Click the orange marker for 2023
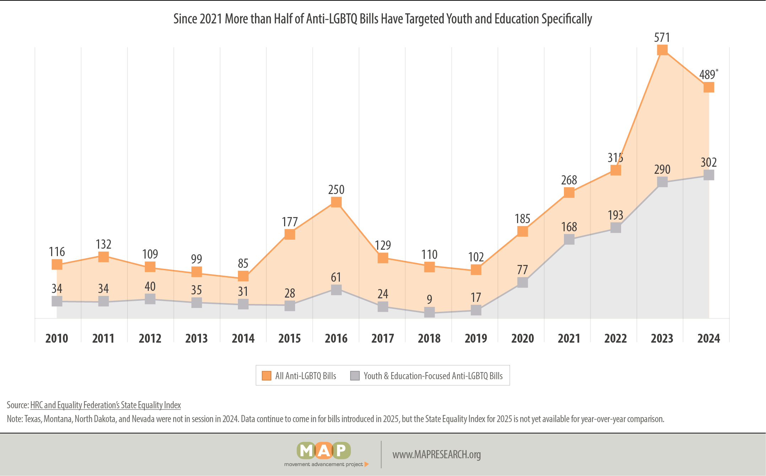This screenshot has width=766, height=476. pyautogui.click(x=662, y=50)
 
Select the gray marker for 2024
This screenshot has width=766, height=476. pyautogui.click(x=708, y=175)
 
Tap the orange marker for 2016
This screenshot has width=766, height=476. pyautogui.click(x=336, y=202)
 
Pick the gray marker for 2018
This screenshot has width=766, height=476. pyautogui.click(x=429, y=312)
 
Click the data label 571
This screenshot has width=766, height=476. pyautogui.click(x=662, y=38)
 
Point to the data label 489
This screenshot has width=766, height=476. pyautogui.click(x=707, y=75)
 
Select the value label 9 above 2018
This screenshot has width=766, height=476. pyautogui.click(x=429, y=299)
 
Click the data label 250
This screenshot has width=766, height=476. pyautogui.click(x=336, y=190)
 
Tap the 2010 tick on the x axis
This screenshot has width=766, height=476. pyautogui.click(x=57, y=338)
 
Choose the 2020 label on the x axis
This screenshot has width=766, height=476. pyautogui.click(x=522, y=338)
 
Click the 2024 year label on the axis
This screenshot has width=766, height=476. pyautogui.click(x=708, y=338)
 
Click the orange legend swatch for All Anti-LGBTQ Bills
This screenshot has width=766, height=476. pyautogui.click(x=266, y=376)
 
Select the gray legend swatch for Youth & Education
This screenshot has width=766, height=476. pyautogui.click(x=355, y=376)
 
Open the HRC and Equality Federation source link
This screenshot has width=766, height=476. pyautogui.click(x=105, y=405)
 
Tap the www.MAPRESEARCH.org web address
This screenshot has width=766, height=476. pyautogui.click(x=436, y=454)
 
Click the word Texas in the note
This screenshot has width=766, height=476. pyautogui.click(x=33, y=419)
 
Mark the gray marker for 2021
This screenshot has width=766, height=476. pyautogui.click(x=569, y=239)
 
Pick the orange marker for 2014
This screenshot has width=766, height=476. pyautogui.click(x=243, y=276)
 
